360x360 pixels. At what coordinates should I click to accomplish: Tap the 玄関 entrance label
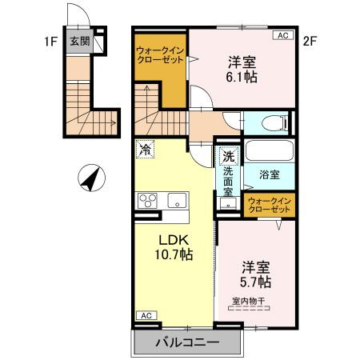(79, 42)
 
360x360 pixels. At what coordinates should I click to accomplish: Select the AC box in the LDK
(146, 316)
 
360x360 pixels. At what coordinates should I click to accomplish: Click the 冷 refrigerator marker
(146, 150)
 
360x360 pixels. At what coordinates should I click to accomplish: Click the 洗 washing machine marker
(228, 157)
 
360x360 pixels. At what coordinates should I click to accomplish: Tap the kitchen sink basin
(176, 200)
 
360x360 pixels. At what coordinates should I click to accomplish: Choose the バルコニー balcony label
(186, 344)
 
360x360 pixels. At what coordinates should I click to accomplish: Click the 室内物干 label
(253, 302)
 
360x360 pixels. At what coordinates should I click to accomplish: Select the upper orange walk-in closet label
(159, 55)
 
